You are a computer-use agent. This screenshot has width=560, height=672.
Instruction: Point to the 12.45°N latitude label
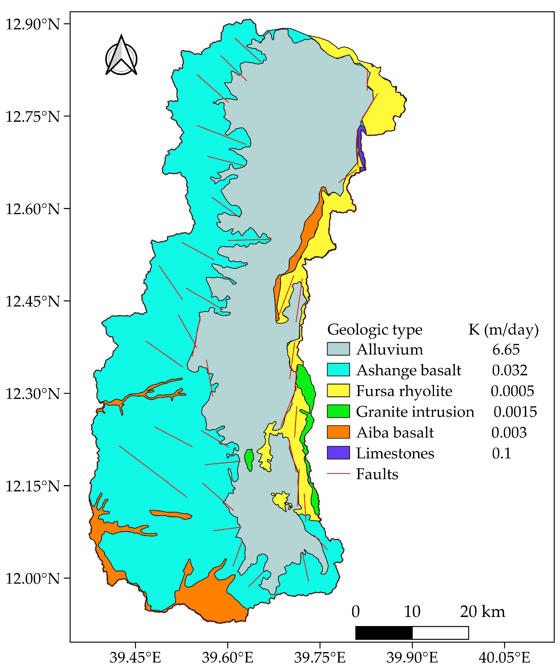[x=33, y=302]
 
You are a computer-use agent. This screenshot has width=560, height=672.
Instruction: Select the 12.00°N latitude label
[x=33, y=579]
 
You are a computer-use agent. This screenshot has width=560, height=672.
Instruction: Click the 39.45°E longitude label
[x=135, y=657]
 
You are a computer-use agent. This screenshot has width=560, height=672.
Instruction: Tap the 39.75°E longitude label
[x=320, y=657]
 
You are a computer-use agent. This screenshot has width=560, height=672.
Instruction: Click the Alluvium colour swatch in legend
[x=338, y=349]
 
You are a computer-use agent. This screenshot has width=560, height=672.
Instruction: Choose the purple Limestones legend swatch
[x=338, y=453]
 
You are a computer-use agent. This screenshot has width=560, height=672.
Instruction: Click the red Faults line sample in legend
[x=338, y=474]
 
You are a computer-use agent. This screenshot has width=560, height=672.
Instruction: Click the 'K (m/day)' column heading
[x=503, y=330]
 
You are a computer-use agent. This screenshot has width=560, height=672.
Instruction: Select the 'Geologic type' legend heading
[x=374, y=330]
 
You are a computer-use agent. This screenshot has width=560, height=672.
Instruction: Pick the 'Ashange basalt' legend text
[x=409, y=370]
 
